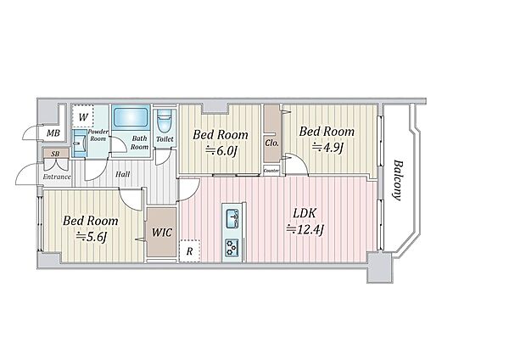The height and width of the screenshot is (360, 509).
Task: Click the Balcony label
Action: (x=398, y=180)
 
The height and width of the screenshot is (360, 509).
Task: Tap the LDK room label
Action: (x=305, y=213)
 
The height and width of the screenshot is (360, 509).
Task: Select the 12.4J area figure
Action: (x=305, y=230)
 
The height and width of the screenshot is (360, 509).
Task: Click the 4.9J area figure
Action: (x=327, y=147)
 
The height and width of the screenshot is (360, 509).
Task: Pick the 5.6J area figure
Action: (x=92, y=237)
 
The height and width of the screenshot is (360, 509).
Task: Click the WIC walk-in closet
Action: (x=162, y=233)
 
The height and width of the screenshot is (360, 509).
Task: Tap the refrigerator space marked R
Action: (x=190, y=251)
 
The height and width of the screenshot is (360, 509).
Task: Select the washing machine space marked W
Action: (x=83, y=116)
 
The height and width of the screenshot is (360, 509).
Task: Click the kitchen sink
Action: (x=232, y=218)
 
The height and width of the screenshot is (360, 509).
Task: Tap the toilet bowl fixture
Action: (x=164, y=121)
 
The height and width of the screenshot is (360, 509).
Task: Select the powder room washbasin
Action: (x=79, y=143)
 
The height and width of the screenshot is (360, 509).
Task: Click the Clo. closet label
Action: (x=272, y=143)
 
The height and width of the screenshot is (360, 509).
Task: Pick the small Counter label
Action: (x=271, y=171)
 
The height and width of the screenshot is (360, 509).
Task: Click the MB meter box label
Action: (x=53, y=133)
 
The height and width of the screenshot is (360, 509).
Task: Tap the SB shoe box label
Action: (x=55, y=154)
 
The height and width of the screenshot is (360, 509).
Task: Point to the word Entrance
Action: (x=57, y=177)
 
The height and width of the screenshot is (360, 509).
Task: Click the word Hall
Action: (x=123, y=174)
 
